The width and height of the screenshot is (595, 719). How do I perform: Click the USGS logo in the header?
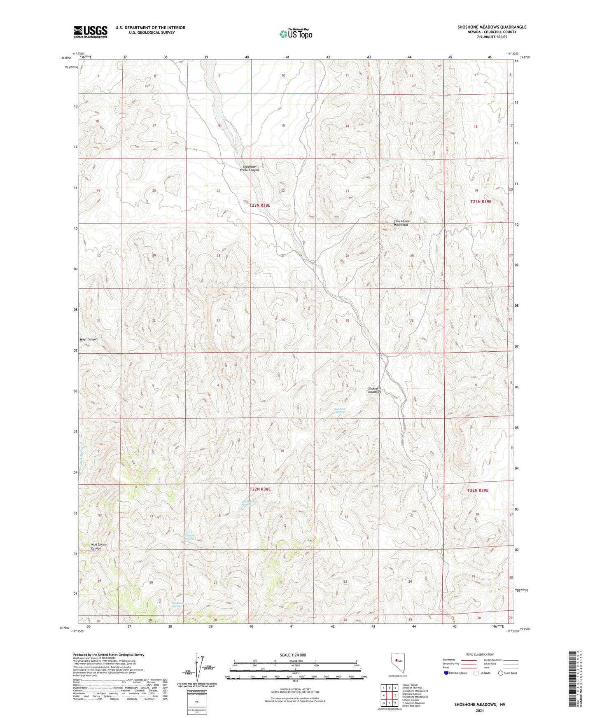click(x=90, y=31)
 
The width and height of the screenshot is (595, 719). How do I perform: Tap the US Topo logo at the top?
click(x=295, y=34)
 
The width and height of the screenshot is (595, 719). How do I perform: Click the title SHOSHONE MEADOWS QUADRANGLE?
click(x=492, y=27)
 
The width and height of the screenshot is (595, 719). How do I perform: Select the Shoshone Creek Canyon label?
click(x=251, y=168)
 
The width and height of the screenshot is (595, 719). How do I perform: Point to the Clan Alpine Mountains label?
click(x=401, y=223)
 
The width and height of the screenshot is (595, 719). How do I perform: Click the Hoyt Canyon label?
click(x=89, y=339)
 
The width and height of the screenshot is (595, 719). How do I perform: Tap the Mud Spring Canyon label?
click(x=99, y=546)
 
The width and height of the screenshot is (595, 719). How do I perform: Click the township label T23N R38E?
click(x=263, y=205)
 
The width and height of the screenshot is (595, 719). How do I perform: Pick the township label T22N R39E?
click(x=478, y=490)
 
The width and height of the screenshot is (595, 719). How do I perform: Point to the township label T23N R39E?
click(x=481, y=202)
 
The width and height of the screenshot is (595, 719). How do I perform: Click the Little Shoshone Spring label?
click(x=189, y=536)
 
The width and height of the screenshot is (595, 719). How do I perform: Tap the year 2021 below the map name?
click(x=479, y=710)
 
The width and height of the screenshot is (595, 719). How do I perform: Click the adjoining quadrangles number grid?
click(x=389, y=695)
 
